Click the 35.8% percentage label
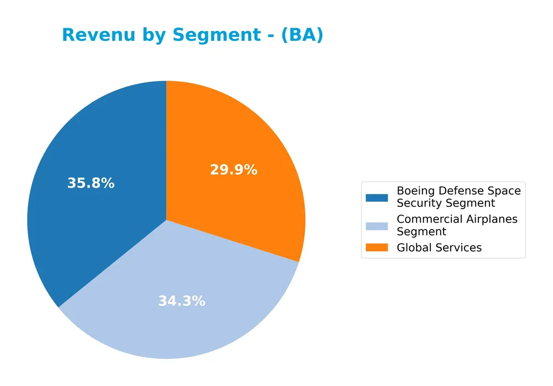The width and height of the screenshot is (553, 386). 91,184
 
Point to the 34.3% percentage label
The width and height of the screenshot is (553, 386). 181,301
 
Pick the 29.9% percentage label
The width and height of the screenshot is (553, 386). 233,170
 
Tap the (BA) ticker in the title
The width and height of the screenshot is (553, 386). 302,35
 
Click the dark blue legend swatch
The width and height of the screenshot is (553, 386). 377,197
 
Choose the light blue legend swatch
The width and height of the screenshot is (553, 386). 377,226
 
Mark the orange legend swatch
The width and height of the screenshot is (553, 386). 377,247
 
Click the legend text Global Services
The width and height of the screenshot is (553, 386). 439,248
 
